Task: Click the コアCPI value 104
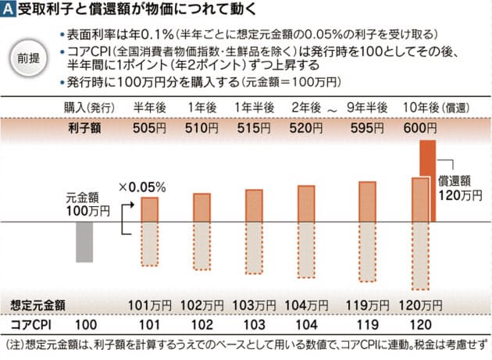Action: point(306,323)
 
